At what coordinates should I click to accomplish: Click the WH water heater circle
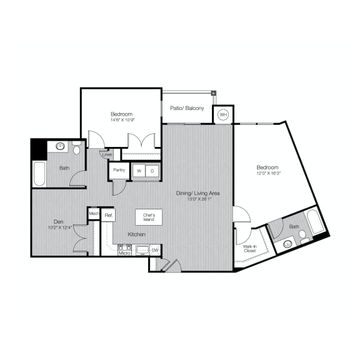pos(223,115)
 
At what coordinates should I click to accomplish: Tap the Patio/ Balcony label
pos(187,108)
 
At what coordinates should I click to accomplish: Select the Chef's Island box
pos(149,217)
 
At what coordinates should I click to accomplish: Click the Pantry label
pos(118,169)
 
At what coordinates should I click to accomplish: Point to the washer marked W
pos(140,170)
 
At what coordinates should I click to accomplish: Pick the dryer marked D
pos(152,170)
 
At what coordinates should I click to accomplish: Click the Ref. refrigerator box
pos(108,215)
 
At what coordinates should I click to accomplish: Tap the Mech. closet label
pos(94,214)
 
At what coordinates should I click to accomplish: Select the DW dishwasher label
pos(154,250)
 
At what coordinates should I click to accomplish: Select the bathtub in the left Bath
pos(39,174)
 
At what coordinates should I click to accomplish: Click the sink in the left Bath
pos(61,147)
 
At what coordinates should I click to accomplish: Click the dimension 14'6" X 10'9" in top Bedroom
pos(121,119)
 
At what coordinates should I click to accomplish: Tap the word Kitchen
pos(137,234)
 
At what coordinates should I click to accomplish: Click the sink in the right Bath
pos(287,243)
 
